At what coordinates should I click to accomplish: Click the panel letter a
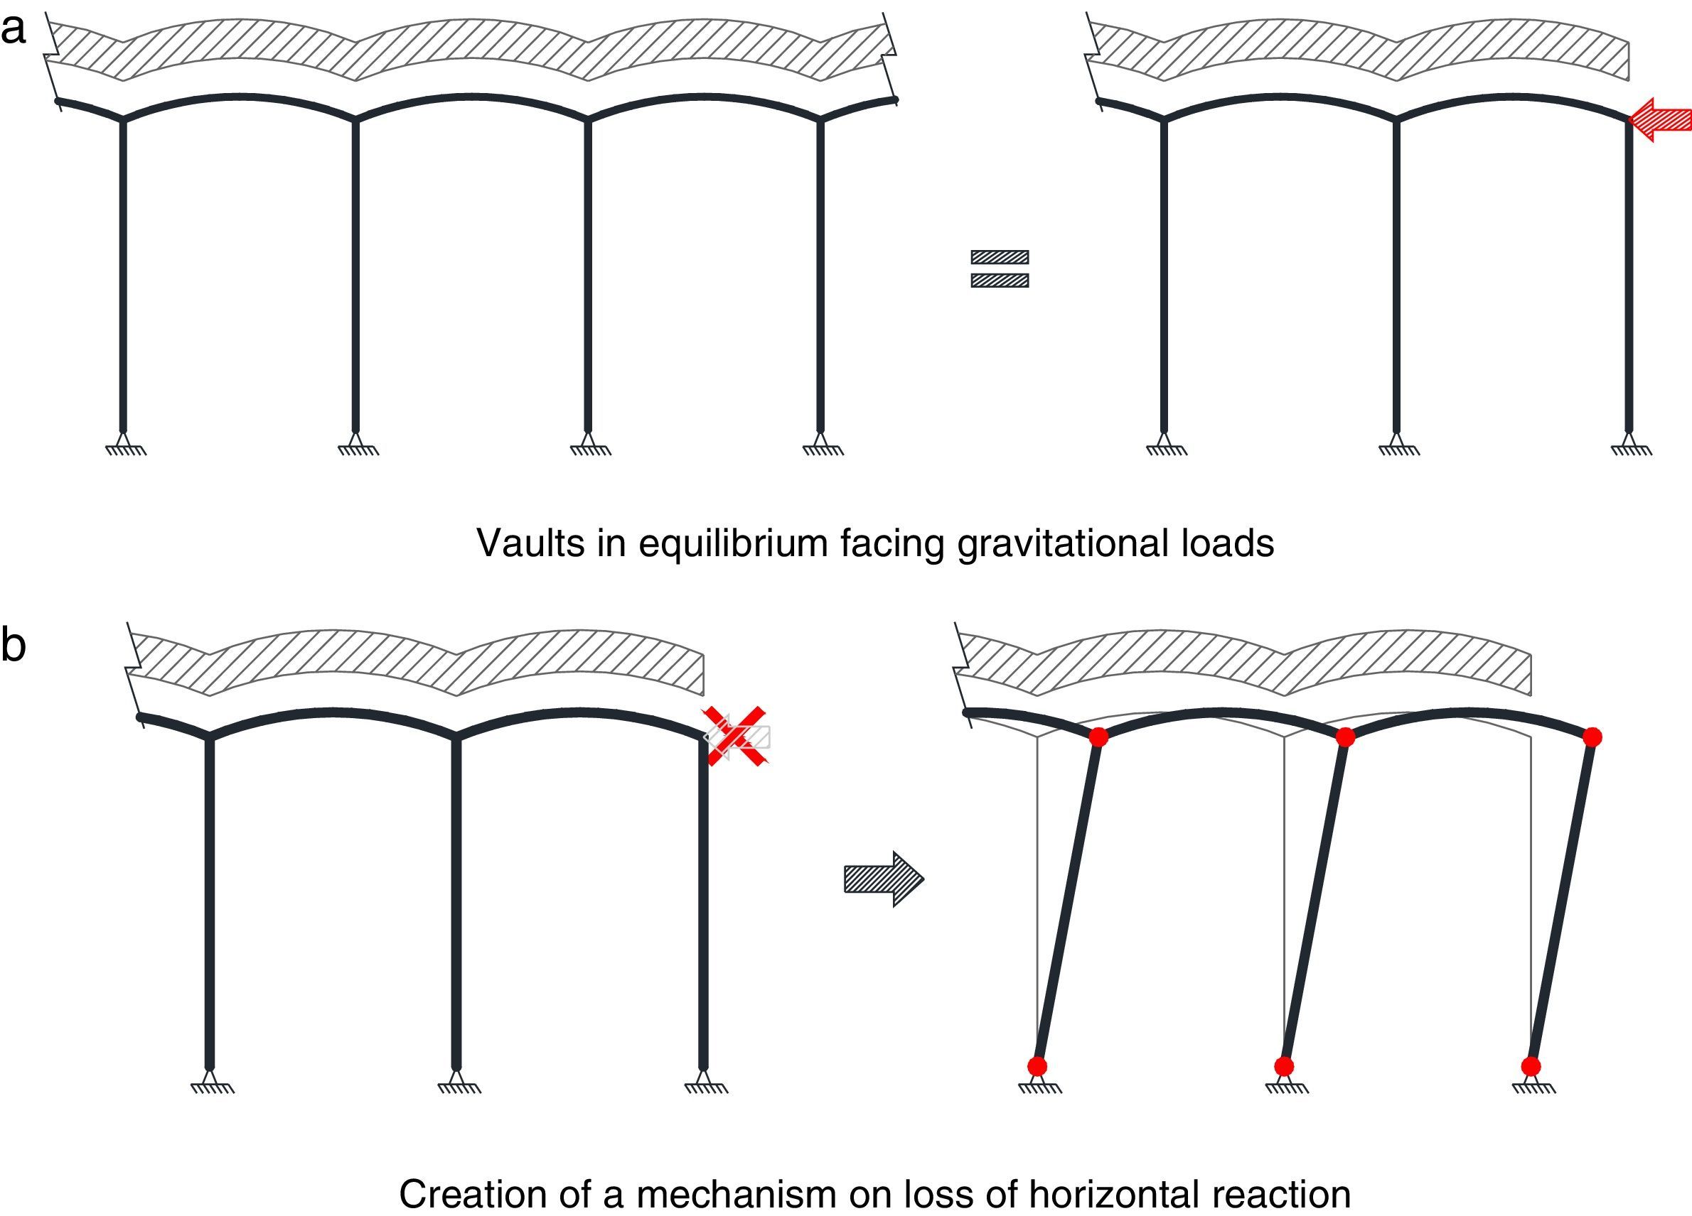(x=13, y=30)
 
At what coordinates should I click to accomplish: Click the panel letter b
(x=13, y=645)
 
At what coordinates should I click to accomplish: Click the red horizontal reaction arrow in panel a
(x=1659, y=119)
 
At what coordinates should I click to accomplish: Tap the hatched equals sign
(x=1000, y=268)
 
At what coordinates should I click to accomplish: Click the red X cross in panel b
(x=737, y=736)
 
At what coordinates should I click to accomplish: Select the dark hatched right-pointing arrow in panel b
(x=883, y=879)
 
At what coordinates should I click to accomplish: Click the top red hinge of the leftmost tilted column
(x=1098, y=737)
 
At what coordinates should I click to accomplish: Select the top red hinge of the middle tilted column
(x=1345, y=737)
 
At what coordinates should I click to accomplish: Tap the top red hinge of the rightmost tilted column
(x=1592, y=737)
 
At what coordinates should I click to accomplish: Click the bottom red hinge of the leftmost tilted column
(x=1037, y=1066)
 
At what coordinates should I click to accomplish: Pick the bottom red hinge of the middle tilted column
(x=1284, y=1066)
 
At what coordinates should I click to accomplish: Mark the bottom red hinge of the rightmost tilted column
(x=1531, y=1066)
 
